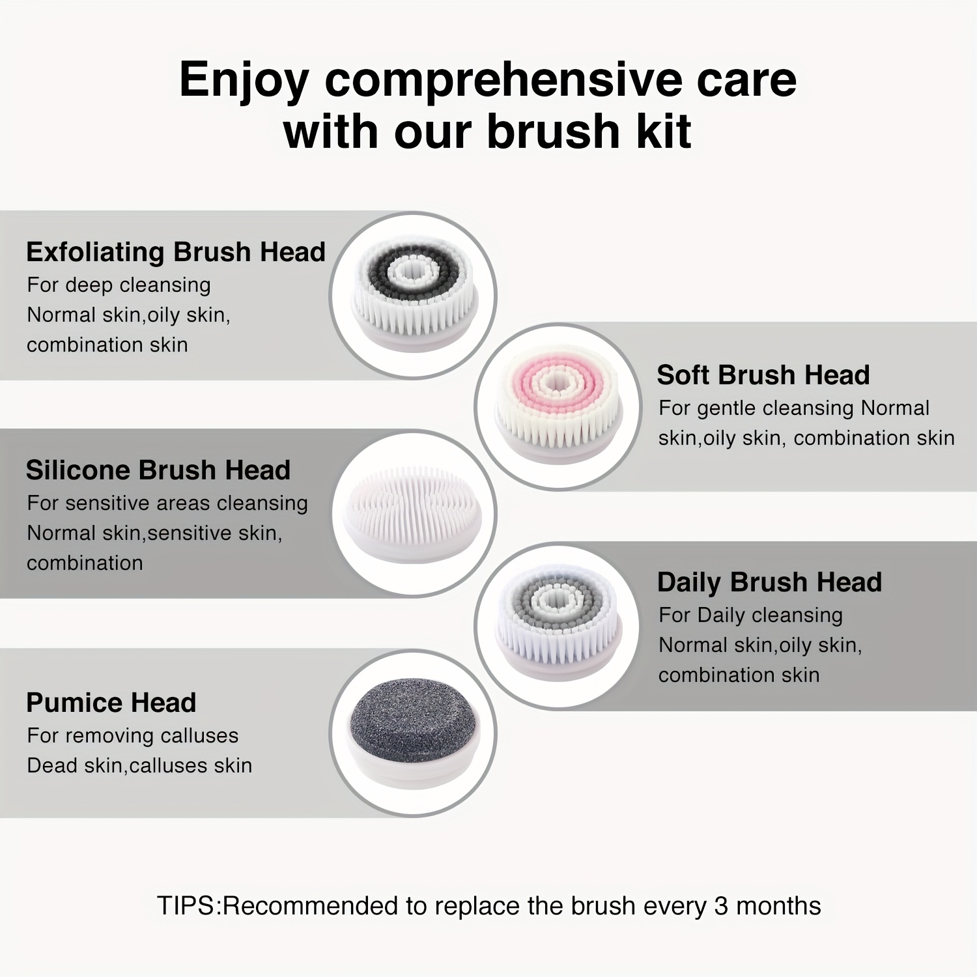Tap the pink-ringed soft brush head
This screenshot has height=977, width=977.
point(559,404)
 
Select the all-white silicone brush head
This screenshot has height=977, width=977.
point(413,513)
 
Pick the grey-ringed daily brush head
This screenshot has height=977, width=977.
point(559,622)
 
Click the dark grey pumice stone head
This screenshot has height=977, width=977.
point(413,731)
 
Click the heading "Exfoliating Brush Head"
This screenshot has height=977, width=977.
point(176,252)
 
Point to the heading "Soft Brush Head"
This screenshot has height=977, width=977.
point(763,375)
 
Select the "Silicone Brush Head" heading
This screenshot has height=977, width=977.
point(158,470)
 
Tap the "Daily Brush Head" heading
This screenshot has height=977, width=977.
point(769,582)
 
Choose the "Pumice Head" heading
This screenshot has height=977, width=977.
point(111,703)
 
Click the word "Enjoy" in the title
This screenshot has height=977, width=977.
point(244,81)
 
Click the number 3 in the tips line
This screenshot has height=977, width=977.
point(721,906)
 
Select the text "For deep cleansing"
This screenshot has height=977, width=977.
point(119,285)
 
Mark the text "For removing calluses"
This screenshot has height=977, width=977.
point(133,735)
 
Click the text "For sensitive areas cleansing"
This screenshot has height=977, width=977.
point(167,503)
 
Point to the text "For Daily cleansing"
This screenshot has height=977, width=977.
point(750,615)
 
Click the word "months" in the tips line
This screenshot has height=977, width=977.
point(778,906)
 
